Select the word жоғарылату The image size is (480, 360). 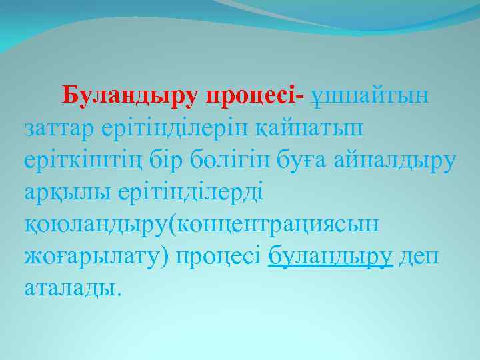(x=87, y=257)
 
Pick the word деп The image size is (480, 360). (x=419, y=257)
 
